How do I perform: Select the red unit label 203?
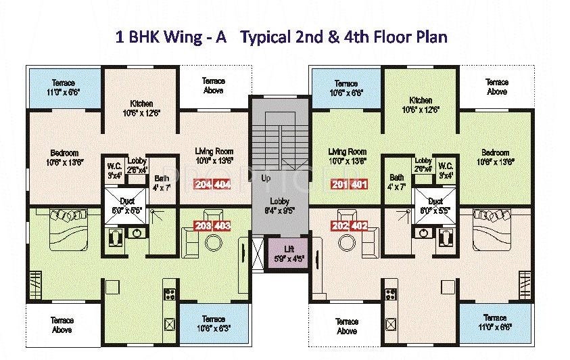[203, 226]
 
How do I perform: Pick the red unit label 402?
[359, 226]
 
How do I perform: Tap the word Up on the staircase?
[266, 179]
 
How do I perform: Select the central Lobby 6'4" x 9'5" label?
[279, 205]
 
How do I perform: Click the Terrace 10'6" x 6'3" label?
[213, 323]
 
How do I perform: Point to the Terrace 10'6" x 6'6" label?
[346, 88]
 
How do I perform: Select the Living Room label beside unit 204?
[214, 156]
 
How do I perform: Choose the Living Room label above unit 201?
[347, 156]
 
